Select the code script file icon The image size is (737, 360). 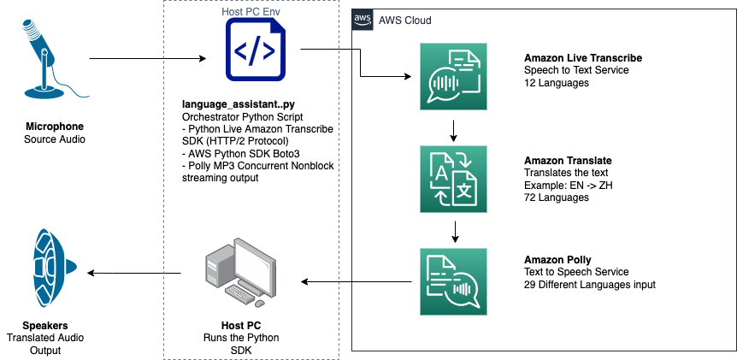point(255,52)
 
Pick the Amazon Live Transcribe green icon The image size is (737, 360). point(453,77)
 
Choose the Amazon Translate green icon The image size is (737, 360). point(453,179)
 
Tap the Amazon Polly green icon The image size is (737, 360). point(453,283)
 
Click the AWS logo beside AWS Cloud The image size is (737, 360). point(364,20)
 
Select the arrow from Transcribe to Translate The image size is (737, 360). point(453,130)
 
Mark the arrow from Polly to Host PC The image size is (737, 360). point(354,280)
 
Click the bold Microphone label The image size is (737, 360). point(54,127)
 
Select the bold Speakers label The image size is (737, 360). point(46,326)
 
